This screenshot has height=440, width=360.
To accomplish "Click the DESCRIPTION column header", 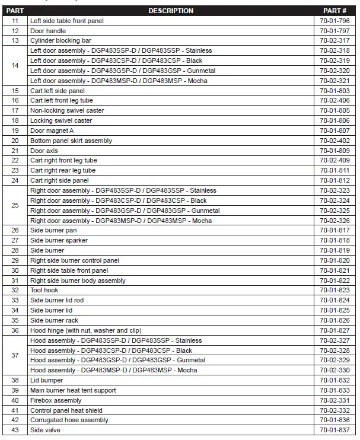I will (170, 11).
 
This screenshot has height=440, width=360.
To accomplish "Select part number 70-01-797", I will (334, 30).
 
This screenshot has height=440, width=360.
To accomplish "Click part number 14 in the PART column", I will (15, 65).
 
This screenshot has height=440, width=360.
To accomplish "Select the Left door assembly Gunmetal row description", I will (123, 71).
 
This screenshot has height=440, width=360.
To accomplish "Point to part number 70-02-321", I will (334, 81).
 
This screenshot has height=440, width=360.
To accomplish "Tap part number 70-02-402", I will (334, 141).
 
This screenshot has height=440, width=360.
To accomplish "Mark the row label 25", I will (15, 205).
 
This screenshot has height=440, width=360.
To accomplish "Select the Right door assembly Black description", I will (119, 200).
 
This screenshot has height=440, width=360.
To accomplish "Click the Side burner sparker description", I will (59, 240).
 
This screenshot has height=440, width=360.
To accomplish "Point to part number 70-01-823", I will (334, 291).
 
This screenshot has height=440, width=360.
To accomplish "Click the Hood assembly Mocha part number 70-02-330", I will (334, 370).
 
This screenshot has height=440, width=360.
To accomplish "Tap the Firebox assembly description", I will (56, 400).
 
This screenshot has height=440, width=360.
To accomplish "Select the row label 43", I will (15, 430).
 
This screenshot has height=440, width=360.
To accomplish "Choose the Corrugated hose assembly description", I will (69, 420).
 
